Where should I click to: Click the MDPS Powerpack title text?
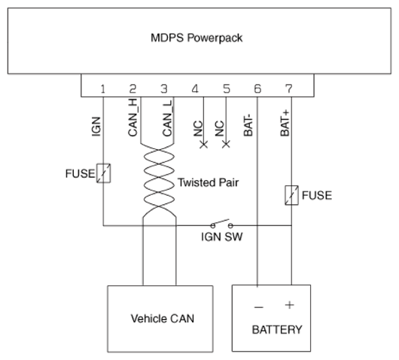coord(196,38)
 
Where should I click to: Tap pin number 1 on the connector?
coord(103,89)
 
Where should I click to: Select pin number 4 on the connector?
coord(195,89)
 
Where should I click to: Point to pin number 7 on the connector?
coord(289,89)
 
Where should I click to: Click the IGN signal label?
coord(96,127)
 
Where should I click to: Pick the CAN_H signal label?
coord(132,117)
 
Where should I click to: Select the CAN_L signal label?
coord(167,117)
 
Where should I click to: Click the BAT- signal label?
coord(248,125)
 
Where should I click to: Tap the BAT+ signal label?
coord(285,123)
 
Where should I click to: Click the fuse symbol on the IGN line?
coord(103,173)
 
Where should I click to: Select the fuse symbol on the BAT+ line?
coord(291,195)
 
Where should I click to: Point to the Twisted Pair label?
coord(208,182)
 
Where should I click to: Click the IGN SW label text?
coord(222,236)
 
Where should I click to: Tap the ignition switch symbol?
coord(221,224)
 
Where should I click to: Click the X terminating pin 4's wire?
coord(203,145)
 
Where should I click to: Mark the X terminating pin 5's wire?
coord(226,144)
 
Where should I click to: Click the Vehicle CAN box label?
coord(163,319)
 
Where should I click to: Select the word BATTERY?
coord(277,330)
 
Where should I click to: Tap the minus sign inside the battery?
coord(258,307)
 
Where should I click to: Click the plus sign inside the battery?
coord(290,305)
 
